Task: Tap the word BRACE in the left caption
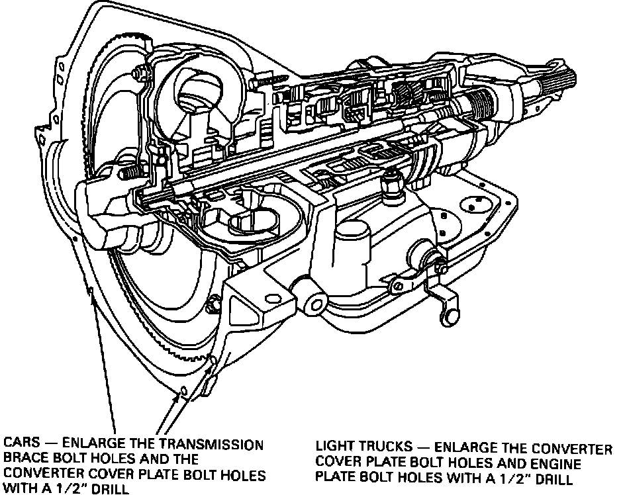tap(23, 459)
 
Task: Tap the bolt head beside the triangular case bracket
tap(213, 306)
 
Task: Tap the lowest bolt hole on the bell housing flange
tap(177, 396)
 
